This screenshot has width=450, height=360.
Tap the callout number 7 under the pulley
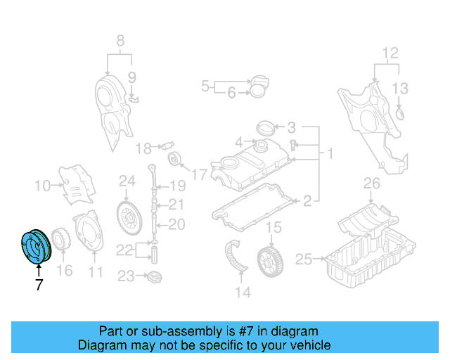coord(39,285)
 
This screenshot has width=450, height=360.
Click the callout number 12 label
coord(390,53)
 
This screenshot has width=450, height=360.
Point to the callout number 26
coord(371,185)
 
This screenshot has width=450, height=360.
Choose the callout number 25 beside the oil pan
coord(303,259)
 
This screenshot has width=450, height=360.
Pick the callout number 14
coord(243,292)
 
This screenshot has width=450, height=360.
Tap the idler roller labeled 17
coord(176,158)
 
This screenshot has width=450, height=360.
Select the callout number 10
coord(43,186)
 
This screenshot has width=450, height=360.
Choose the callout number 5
coord(206,86)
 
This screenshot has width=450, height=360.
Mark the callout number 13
coord(399,88)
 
